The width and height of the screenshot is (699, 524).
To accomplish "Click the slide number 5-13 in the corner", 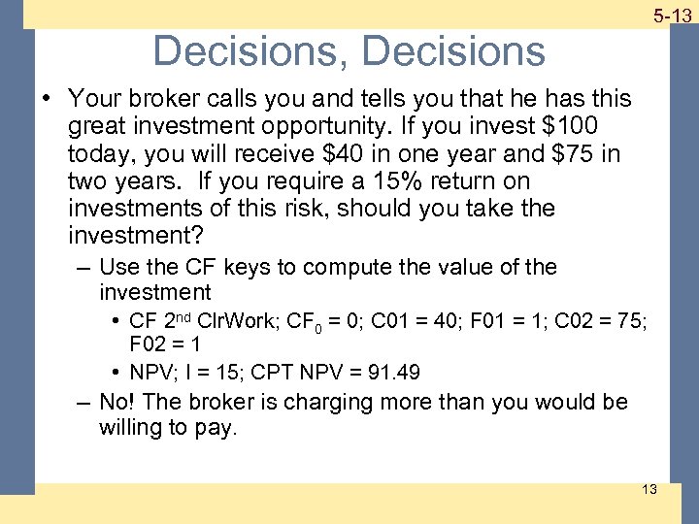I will click(671, 16).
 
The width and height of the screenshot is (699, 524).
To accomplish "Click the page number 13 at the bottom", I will click(649, 489).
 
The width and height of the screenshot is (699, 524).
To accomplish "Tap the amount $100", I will click(571, 126).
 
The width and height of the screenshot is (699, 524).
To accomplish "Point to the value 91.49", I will click(392, 371).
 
